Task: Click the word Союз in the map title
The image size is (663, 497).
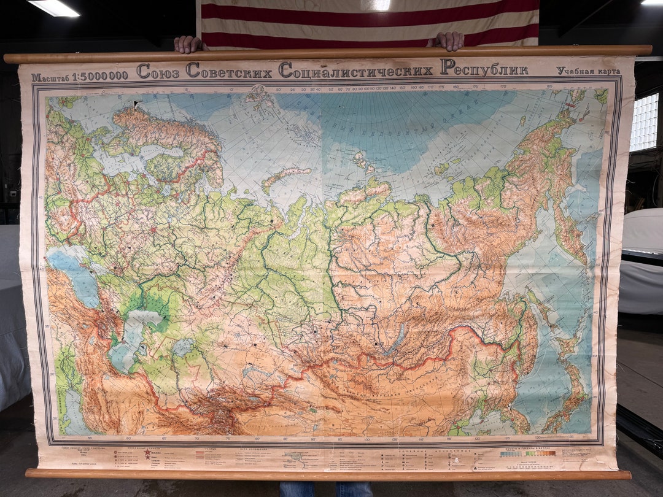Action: coord(158,71)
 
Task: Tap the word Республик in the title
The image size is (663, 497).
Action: coord(484,68)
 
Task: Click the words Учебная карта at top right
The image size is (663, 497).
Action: coord(588,71)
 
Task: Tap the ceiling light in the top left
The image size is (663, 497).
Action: coord(54,7)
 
